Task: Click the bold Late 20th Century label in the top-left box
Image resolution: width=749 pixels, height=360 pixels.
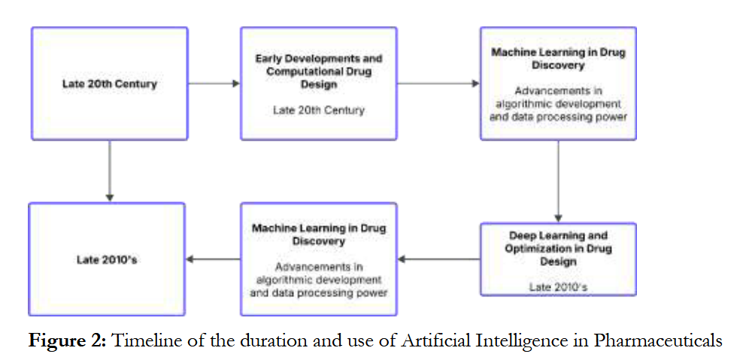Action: point(109,83)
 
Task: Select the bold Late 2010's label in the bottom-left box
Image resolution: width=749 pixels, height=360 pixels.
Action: point(106,259)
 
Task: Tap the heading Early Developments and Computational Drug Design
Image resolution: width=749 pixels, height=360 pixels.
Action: point(318,71)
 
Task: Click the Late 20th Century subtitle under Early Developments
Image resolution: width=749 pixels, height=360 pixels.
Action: point(318,110)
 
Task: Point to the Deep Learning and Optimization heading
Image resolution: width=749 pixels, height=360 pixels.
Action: point(557,248)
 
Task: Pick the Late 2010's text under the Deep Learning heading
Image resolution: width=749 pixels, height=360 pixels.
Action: point(557,286)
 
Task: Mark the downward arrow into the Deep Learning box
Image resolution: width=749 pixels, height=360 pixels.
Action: point(558,181)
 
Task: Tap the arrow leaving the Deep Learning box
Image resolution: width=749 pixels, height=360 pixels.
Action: point(438,259)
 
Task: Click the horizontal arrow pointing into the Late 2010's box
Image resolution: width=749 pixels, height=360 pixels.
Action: point(213,259)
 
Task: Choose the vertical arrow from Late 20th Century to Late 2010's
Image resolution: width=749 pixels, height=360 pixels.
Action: point(110,171)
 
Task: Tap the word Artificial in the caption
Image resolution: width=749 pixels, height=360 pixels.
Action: point(438,340)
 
